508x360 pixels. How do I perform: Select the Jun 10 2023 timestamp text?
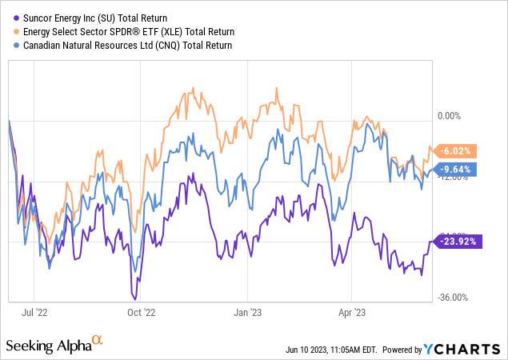(x=330, y=350)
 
